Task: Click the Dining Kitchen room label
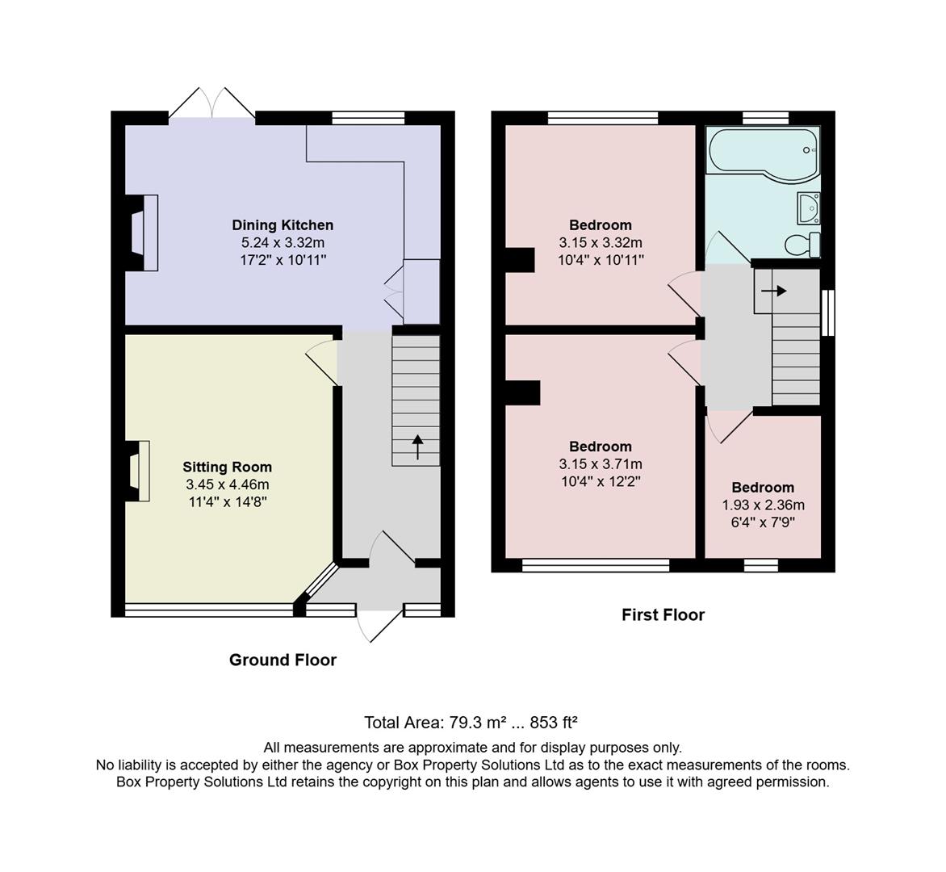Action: (x=283, y=225)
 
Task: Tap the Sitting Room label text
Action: (x=227, y=467)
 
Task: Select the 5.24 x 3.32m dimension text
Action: (x=283, y=242)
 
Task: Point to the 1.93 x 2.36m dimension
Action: (x=763, y=505)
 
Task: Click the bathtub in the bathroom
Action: (x=762, y=150)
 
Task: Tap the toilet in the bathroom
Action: (x=803, y=244)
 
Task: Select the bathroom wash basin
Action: (x=808, y=208)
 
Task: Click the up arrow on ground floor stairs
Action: (x=417, y=446)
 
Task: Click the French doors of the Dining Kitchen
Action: (x=212, y=103)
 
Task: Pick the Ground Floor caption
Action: (x=283, y=660)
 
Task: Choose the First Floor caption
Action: (x=663, y=614)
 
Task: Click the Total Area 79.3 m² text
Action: (x=471, y=722)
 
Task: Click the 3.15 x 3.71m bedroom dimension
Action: (x=601, y=464)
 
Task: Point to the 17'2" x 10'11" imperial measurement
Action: (x=283, y=259)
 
